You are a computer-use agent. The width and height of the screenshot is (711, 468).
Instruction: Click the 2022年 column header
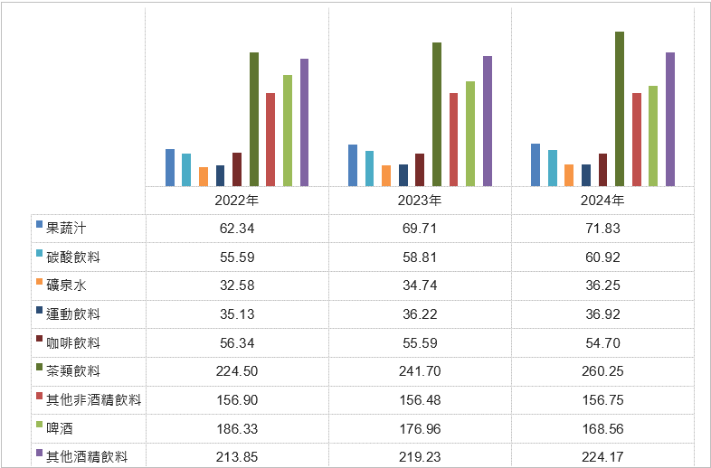click(237, 201)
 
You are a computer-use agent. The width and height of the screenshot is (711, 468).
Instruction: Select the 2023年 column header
click(420, 201)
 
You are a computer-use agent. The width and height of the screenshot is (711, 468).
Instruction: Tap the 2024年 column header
click(602, 201)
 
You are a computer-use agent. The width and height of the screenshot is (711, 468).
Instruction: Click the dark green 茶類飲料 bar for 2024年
click(620, 108)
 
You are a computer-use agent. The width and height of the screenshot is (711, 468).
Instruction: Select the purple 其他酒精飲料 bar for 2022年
click(305, 122)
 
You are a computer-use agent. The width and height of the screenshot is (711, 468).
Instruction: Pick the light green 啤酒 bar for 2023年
click(470, 134)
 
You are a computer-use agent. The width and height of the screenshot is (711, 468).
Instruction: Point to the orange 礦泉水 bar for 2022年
click(204, 176)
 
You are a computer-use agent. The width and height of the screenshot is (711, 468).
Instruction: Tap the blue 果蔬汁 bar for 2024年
click(536, 164)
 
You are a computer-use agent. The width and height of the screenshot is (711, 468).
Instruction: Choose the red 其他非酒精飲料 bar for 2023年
click(454, 139)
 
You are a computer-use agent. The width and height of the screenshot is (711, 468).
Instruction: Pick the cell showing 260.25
click(602, 371)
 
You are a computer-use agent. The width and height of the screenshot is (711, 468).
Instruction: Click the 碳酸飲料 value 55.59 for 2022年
click(237, 257)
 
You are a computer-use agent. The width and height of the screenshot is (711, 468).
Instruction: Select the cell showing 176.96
click(420, 428)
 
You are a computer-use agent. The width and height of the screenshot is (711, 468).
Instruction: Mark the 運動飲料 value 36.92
click(602, 314)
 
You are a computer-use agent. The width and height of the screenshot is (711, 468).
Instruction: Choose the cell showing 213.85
click(237, 457)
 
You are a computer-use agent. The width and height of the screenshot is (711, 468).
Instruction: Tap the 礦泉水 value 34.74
click(420, 285)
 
